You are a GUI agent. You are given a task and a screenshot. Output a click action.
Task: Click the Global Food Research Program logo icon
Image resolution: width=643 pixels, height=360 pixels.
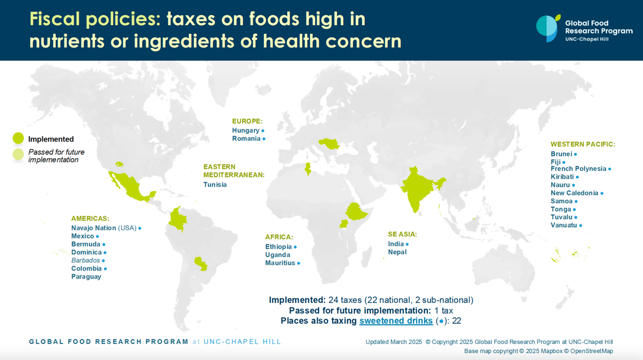[548, 28]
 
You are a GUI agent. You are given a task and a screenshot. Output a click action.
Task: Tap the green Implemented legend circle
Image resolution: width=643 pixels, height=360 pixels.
[18, 138]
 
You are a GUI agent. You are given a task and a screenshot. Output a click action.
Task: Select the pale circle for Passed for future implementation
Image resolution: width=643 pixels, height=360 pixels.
[18, 155]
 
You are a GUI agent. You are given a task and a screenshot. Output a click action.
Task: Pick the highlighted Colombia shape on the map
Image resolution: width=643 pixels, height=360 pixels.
[178, 219]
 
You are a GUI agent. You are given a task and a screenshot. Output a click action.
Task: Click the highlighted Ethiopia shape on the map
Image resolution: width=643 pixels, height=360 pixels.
[356, 211]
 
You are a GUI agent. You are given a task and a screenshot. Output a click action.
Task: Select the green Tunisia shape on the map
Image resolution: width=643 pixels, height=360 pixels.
[308, 169]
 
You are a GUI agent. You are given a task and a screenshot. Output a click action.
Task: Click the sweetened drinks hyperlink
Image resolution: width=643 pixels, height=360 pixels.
[396, 321]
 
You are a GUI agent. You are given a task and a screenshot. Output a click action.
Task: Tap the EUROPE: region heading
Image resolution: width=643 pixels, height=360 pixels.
[247, 121]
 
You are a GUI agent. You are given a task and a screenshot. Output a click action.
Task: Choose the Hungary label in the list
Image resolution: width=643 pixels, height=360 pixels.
[246, 130]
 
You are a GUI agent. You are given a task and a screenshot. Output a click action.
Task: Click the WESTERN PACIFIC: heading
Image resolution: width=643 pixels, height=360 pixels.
[583, 144]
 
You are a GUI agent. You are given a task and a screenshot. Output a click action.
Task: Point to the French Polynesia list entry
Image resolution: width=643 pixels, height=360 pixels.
[578, 169]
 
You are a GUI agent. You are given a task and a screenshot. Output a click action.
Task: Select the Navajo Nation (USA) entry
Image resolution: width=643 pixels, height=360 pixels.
[103, 228]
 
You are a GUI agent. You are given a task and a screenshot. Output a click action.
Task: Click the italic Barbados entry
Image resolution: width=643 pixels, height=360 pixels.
[85, 260]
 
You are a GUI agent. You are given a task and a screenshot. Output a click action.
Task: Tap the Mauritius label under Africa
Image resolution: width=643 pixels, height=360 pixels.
[280, 263]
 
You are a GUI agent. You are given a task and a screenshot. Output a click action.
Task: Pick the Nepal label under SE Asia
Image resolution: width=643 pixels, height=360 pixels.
[397, 252]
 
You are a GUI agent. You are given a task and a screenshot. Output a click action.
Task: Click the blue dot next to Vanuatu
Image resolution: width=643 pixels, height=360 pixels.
[580, 226]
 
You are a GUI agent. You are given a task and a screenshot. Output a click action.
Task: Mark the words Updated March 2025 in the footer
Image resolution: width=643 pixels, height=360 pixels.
[393, 342]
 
